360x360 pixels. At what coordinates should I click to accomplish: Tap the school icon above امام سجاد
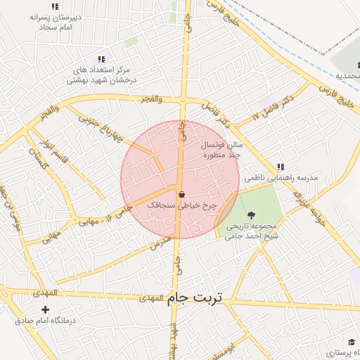[56, 6]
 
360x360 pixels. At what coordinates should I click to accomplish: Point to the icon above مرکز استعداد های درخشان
[101, 59]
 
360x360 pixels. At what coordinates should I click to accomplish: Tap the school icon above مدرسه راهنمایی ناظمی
[281, 167]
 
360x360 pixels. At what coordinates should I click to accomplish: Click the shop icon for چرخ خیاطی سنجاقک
[182, 195]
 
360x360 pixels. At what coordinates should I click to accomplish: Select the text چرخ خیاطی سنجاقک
[182, 205]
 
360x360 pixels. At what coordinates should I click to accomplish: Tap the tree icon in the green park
[252, 214]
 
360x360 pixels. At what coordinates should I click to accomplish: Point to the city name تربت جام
[194, 297]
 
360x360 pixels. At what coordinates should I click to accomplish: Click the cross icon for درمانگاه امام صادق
[46, 309]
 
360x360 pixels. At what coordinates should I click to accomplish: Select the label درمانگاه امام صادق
[44, 321]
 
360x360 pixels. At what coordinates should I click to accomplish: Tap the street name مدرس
[160, 243]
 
